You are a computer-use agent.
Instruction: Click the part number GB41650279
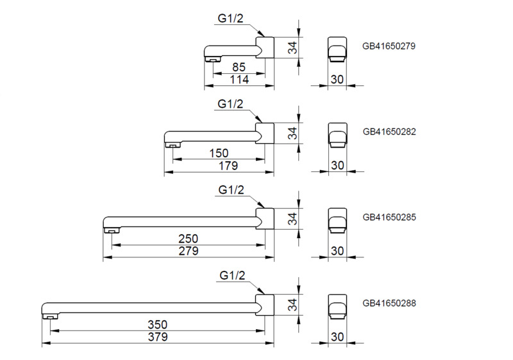(389, 46)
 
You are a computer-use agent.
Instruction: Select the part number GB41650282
(389, 132)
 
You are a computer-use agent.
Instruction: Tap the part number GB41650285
(389, 217)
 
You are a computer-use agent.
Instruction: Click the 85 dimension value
(239, 67)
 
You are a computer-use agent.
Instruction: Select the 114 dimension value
(239, 80)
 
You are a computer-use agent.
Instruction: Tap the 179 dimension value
(228, 166)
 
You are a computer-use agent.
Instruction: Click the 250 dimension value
(188, 238)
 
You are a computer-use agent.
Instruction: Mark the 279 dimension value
(188, 251)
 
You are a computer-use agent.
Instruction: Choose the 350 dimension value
(156, 324)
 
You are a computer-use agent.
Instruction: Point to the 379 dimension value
(156, 337)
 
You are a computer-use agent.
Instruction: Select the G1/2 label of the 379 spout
(232, 275)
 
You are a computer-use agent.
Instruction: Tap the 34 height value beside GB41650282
(292, 133)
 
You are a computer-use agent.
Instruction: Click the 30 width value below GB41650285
(337, 251)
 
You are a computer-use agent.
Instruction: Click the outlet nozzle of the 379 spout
(49, 316)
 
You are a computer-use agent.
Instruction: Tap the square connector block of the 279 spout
(265, 219)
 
